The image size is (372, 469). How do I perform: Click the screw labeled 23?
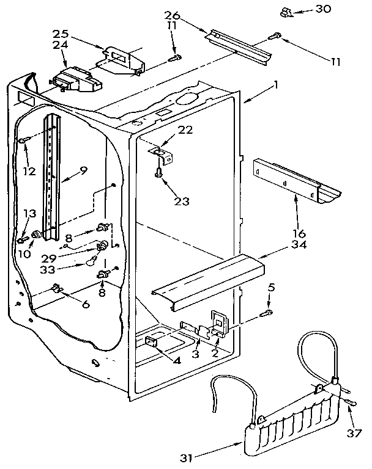[159, 173]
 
